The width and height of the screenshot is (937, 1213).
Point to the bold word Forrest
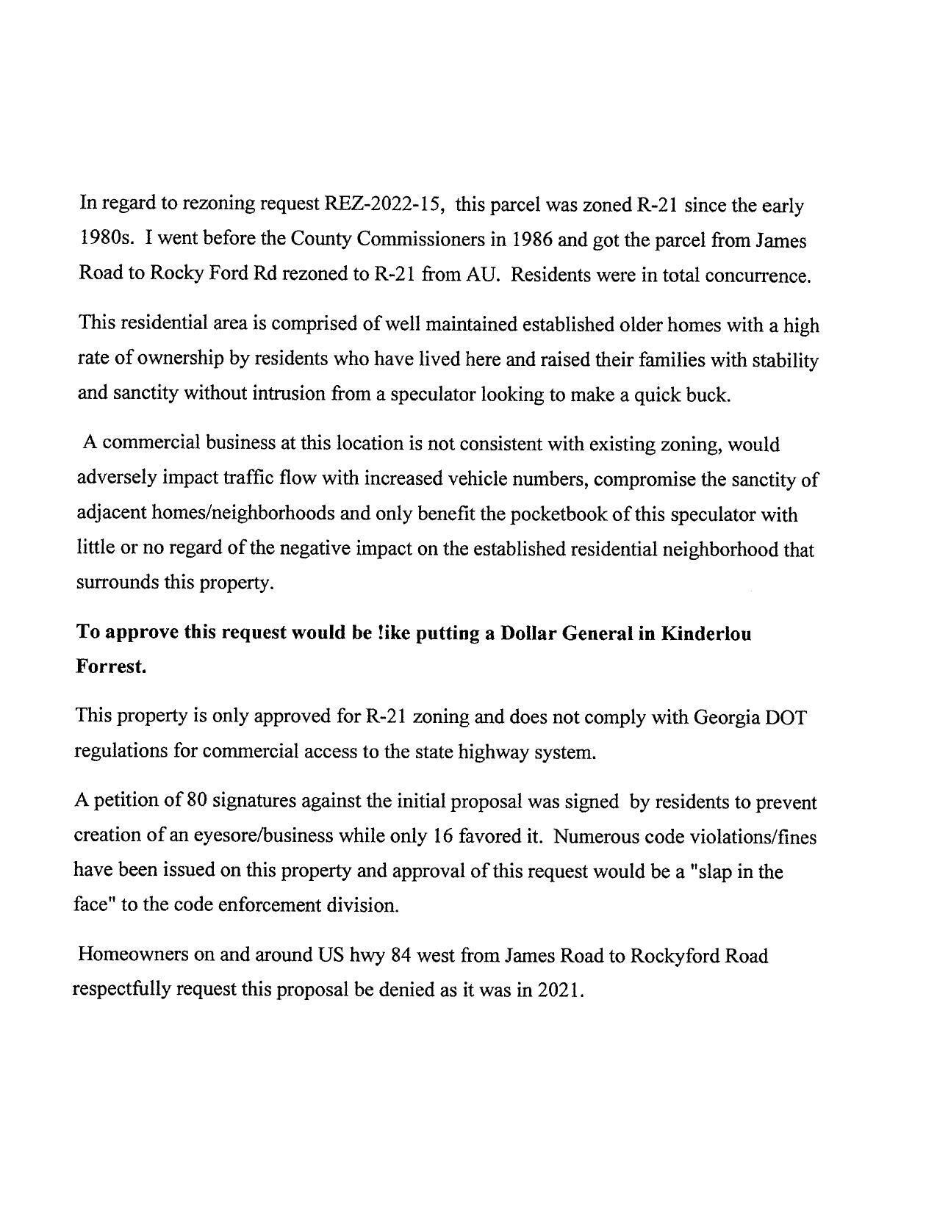point(111,669)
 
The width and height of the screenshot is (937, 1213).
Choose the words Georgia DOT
point(750,717)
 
